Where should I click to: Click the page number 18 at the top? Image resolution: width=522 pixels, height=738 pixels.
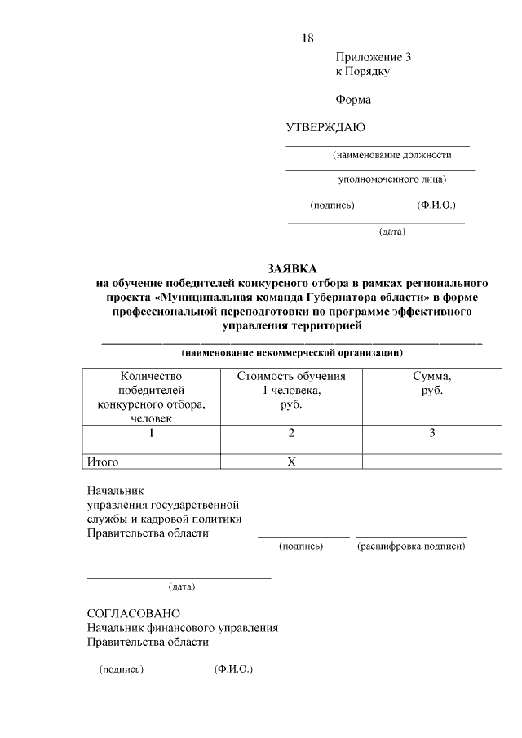[307, 38]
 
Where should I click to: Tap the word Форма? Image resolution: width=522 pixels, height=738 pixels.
[352, 100]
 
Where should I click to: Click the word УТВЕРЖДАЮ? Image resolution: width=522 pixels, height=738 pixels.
[325, 127]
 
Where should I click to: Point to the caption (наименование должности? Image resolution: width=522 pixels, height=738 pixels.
[391, 155]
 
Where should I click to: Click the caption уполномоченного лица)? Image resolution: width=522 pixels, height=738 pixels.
[392, 179]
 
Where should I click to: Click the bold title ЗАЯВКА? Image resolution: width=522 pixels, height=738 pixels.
[291, 268]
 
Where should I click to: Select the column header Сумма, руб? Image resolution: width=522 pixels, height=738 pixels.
[432, 383]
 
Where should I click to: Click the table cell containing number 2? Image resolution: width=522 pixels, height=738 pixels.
[291, 433]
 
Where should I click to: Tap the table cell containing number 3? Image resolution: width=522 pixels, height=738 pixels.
[432, 433]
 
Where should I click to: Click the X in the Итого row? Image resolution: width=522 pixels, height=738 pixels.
[291, 462]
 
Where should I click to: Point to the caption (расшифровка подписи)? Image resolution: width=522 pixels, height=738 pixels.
[411, 546]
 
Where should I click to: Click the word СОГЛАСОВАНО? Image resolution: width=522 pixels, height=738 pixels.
[134, 613]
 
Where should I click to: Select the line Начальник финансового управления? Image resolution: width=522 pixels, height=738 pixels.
[183, 628]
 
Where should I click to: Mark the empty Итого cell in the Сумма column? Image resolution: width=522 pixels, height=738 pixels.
[432, 462]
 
